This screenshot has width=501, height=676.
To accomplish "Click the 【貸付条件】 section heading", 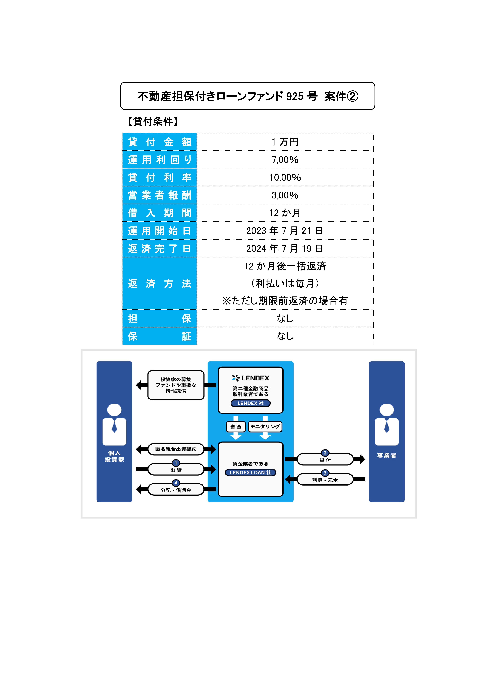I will (x=153, y=121).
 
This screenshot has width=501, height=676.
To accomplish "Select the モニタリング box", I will (x=265, y=427).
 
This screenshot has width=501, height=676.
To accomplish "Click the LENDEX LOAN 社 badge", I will (x=250, y=473).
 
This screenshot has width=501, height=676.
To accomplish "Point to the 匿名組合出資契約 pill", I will (x=176, y=449).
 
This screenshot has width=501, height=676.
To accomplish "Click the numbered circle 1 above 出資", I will (x=176, y=463).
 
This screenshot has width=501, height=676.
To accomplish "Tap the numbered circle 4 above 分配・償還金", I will (x=176, y=483).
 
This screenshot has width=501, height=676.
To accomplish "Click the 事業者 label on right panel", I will (x=387, y=456).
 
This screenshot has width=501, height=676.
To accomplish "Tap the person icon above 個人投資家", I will (x=114, y=425).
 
